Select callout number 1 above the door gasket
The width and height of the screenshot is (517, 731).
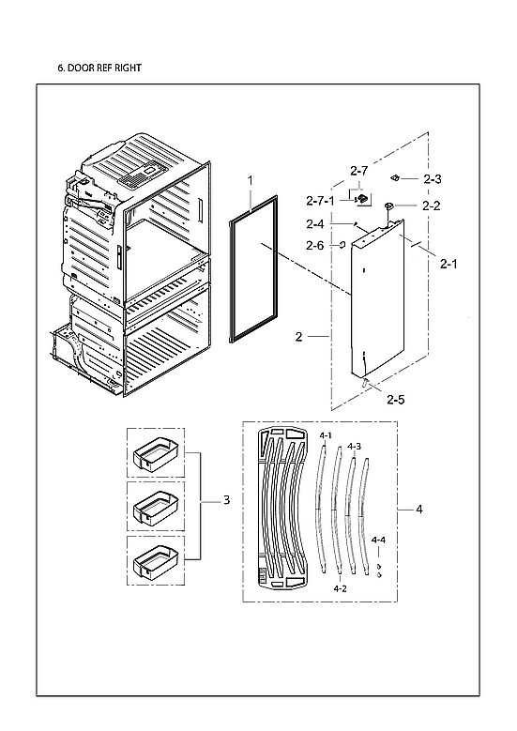[251, 179]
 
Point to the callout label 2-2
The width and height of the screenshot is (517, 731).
[432, 206]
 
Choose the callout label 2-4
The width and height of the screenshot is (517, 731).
[315, 224]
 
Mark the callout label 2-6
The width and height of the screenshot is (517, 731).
[315, 246]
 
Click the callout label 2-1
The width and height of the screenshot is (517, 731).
[449, 265]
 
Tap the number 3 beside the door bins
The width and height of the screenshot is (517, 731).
[226, 501]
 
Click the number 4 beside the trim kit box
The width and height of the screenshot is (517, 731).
[419, 510]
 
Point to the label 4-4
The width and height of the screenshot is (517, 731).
[378, 541]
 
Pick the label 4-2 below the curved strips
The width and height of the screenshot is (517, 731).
[341, 588]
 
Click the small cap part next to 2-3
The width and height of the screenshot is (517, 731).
[398, 176]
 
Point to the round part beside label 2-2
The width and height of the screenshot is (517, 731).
[389, 206]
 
